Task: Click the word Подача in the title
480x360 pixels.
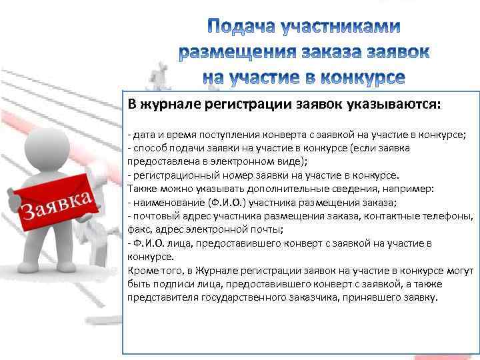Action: (x=243, y=27)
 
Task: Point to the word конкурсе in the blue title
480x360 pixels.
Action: (x=360, y=77)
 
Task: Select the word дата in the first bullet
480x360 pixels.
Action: (x=143, y=134)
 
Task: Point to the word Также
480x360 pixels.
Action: (x=141, y=189)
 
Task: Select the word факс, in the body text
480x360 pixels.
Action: (x=139, y=229)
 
